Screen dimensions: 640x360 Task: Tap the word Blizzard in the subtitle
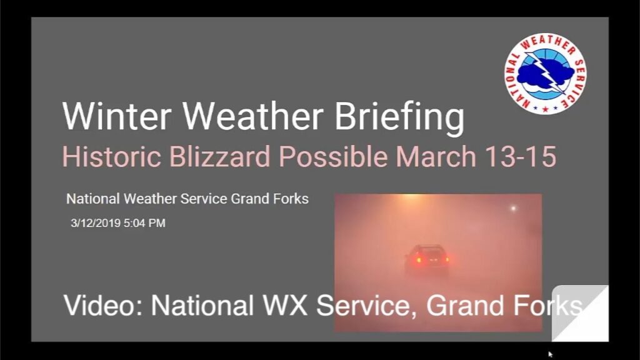click(x=220, y=156)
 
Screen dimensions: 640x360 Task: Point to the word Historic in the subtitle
click(x=111, y=156)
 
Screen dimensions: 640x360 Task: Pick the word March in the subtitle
click(x=436, y=156)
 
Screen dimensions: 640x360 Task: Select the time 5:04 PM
click(x=144, y=223)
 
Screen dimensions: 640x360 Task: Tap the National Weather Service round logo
click(x=545, y=74)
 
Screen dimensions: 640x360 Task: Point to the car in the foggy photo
click(x=427, y=260)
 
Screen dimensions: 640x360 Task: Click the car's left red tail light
click(x=417, y=260)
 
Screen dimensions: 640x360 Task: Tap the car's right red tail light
click(x=446, y=259)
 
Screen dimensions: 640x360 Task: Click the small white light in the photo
click(x=514, y=209)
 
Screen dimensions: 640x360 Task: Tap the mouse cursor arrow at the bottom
click(x=550, y=354)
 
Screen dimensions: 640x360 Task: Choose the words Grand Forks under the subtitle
click(x=270, y=199)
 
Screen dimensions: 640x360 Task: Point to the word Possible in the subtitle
click(x=333, y=156)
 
